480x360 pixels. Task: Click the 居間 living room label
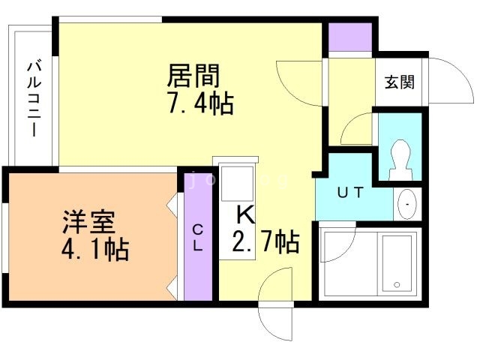click(193, 76)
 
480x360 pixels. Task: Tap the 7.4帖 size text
click(201, 103)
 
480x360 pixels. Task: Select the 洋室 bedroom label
click(88, 222)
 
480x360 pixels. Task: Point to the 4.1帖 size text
click(95, 250)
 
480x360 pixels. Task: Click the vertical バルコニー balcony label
click(34, 98)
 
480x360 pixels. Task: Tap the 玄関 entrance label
click(400, 82)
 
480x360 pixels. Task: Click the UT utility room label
click(350, 192)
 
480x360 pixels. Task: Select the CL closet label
click(198, 238)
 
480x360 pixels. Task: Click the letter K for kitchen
click(246, 214)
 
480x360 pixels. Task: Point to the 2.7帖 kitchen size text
click(265, 241)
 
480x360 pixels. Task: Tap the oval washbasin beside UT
click(407, 204)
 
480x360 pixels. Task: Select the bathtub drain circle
click(397, 285)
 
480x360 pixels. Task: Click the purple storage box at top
click(350, 37)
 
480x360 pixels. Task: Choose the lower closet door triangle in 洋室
click(172, 288)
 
